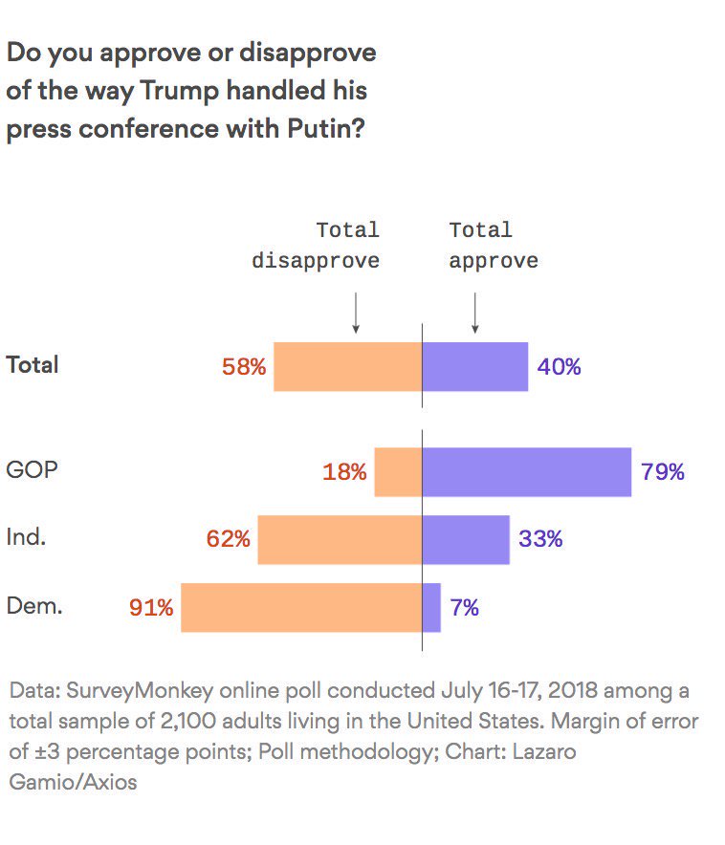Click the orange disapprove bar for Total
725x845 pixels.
click(x=347, y=367)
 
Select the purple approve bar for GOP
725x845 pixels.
click(x=526, y=472)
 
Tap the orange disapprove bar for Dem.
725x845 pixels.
click(x=301, y=608)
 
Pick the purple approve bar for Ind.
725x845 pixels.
click(x=465, y=539)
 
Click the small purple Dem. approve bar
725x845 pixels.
click(x=431, y=608)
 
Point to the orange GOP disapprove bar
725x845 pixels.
click(x=398, y=472)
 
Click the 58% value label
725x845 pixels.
click(x=244, y=367)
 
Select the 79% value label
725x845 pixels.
click(x=663, y=472)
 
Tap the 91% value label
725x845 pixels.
click(x=151, y=608)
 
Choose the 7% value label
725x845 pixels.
click(x=464, y=608)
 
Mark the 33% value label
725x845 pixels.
click(x=540, y=539)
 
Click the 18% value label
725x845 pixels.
click(x=344, y=472)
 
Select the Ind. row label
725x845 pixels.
click(x=26, y=537)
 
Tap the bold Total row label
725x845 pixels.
click(x=33, y=365)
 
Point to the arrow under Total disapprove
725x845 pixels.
click(x=356, y=313)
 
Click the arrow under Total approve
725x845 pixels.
click(x=475, y=313)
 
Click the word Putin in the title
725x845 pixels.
click(x=320, y=130)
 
